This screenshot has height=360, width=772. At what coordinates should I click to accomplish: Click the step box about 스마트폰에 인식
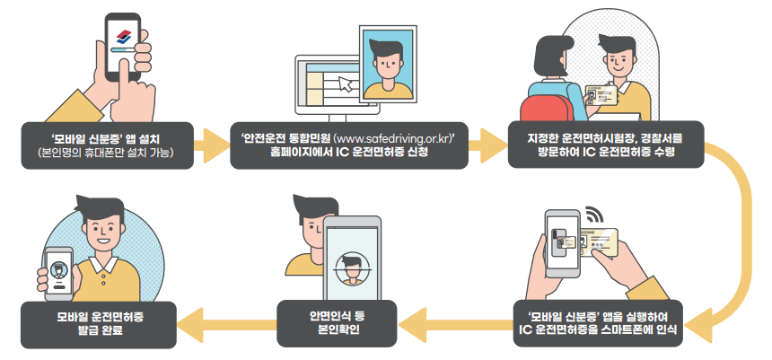pos(601,324)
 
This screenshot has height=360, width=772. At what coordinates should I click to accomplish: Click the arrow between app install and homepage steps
pos(212,145)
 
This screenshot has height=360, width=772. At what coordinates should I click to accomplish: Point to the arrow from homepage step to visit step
pos(487,145)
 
